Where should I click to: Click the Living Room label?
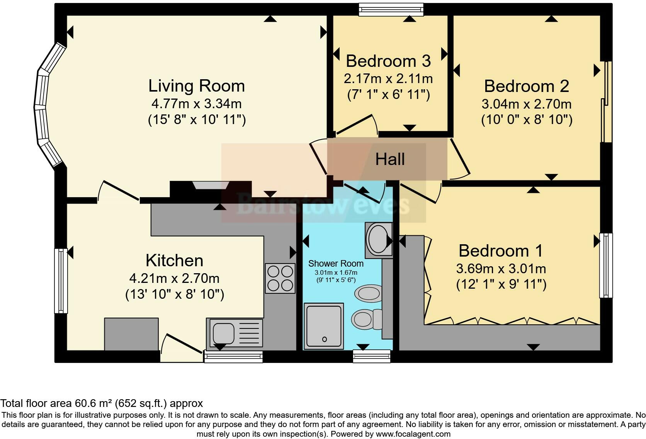[196, 86]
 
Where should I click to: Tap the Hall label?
[390, 159]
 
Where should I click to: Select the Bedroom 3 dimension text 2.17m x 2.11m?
[388, 78]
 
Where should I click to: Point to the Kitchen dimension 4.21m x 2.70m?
[174, 278]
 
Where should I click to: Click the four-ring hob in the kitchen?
[280, 278]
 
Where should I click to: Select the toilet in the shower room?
[366, 319]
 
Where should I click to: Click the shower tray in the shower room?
[323, 326]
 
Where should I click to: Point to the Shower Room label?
[336, 263]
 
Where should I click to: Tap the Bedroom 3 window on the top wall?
[391, 10]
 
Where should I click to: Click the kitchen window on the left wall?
[61, 281]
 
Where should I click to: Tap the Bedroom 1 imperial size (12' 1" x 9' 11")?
[501, 284]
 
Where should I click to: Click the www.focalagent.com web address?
[413, 434]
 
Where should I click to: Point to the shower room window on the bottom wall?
[372, 356]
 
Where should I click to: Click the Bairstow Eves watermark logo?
[323, 204]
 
